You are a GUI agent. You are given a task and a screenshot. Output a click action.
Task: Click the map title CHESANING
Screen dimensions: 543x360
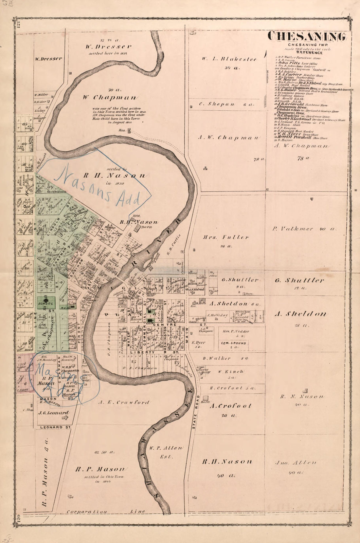pos(307,37)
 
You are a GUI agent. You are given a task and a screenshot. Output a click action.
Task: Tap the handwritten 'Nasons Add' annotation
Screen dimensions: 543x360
pos(101,187)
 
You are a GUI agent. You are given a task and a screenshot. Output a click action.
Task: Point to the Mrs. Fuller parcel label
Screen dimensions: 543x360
pos(226,237)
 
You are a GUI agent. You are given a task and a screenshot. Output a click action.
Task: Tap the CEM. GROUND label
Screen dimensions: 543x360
pos(234,344)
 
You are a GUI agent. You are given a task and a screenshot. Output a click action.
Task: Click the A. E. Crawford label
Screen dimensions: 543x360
pos(124,403)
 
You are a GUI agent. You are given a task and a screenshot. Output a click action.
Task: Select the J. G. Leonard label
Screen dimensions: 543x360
pos(54,413)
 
